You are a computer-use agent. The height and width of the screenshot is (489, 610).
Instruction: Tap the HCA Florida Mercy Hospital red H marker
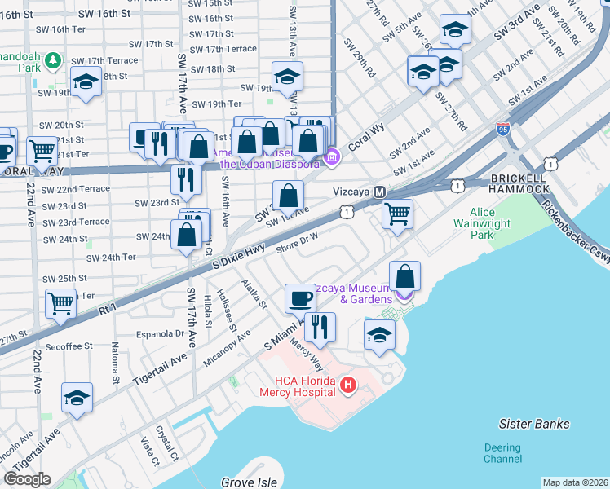[348, 384]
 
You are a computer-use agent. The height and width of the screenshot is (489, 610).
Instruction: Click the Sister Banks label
[534, 424]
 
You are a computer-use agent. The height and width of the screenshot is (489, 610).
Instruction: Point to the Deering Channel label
[502, 453]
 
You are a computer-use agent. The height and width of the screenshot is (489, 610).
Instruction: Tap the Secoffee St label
[69, 346]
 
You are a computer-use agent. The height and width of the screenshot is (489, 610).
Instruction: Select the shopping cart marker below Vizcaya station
[397, 214]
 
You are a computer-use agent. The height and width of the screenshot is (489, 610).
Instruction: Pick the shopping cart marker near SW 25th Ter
[61, 302]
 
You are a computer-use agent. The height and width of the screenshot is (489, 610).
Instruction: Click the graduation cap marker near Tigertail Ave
[77, 398]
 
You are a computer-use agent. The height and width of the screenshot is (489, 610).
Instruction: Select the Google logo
[27, 479]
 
